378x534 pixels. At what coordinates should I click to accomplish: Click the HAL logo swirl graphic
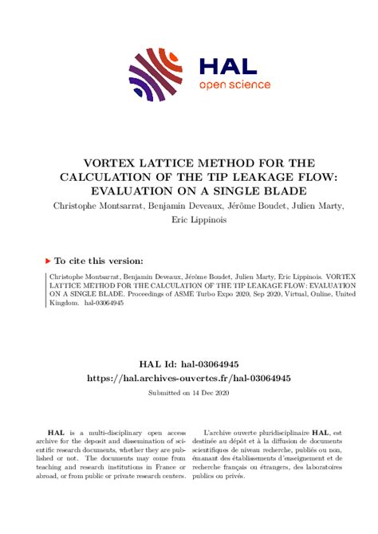pos(158,73)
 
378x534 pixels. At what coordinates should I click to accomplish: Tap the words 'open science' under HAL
pos(234,84)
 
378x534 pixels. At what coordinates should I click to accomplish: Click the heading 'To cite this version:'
pos(100,260)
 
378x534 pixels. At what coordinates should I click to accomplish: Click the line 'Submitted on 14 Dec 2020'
pos(188,393)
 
